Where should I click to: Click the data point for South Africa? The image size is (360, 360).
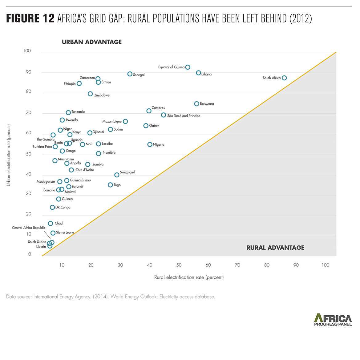click(x=284, y=78)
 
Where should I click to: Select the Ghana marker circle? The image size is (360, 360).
click(x=199, y=73)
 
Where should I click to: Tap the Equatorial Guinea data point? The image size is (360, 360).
click(x=188, y=67)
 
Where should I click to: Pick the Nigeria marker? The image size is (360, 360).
click(x=150, y=144)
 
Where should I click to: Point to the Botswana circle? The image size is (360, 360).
click(x=197, y=104)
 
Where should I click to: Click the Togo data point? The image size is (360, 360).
click(x=110, y=185)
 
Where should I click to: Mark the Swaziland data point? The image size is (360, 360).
click(x=117, y=175)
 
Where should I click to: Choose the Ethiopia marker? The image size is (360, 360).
click(x=79, y=83)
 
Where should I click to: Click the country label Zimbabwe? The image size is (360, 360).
click(x=102, y=95)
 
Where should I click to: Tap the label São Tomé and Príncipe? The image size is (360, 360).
click(x=184, y=116)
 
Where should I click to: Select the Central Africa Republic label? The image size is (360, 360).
click(x=29, y=228)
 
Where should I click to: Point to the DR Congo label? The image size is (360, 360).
click(x=63, y=207)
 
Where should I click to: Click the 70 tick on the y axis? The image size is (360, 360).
click(x=29, y=113)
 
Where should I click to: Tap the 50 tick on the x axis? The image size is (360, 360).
click(x=179, y=265)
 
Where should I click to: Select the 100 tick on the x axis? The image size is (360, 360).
click(x=325, y=265)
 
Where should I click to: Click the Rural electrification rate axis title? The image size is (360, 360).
click(x=189, y=277)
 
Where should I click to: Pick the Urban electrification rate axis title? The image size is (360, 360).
click(x=9, y=155)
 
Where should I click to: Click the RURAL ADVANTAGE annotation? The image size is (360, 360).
click(x=275, y=248)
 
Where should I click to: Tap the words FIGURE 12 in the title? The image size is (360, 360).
click(x=30, y=18)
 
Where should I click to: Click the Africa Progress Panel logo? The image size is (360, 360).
click(x=333, y=320)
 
